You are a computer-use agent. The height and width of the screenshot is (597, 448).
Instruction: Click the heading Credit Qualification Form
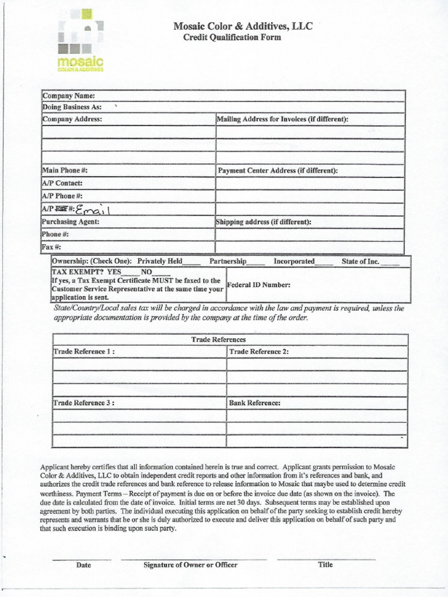click(232, 37)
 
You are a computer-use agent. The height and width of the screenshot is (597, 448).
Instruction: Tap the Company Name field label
click(68, 96)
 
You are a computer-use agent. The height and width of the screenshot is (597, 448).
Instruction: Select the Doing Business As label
click(72, 107)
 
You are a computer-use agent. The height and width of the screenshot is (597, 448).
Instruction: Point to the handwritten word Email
click(93, 209)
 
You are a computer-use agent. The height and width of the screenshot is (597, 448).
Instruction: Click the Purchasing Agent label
click(71, 222)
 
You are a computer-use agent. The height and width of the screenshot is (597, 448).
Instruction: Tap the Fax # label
click(52, 247)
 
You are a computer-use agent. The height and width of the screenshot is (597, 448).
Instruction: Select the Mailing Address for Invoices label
click(282, 120)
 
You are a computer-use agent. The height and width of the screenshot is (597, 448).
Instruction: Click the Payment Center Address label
click(278, 171)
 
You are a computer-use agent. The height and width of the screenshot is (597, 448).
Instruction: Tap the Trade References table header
click(218, 339)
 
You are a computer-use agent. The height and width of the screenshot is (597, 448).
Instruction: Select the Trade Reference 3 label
click(84, 403)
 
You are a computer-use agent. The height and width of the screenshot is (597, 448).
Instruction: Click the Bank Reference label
click(255, 403)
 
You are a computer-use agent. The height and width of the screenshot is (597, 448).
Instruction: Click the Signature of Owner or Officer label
click(191, 564)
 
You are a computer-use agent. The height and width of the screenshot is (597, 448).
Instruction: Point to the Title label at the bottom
click(325, 564)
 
